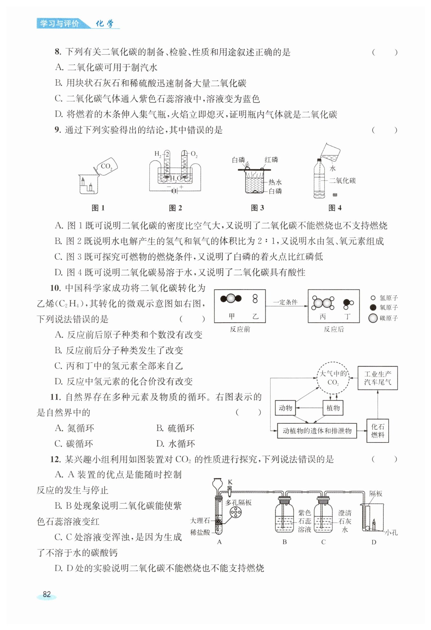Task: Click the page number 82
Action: (x=47, y=594)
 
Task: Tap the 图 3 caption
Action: (x=257, y=208)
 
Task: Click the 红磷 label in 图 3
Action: (x=271, y=160)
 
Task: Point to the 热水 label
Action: (x=275, y=182)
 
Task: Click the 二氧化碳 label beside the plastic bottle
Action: (x=342, y=181)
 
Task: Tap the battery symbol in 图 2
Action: (x=174, y=191)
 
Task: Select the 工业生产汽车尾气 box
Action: (x=377, y=378)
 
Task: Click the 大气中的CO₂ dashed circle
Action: (x=333, y=378)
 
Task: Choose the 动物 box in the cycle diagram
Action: (x=285, y=408)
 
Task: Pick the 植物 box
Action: (x=333, y=408)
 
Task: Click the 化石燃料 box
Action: (x=377, y=431)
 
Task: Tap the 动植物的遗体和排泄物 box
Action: (x=317, y=431)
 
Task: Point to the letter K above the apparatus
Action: (x=230, y=482)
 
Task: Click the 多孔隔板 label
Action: (x=238, y=503)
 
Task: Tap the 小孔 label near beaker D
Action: (x=391, y=533)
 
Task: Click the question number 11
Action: (x=56, y=397)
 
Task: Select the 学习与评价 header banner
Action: (x=59, y=24)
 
